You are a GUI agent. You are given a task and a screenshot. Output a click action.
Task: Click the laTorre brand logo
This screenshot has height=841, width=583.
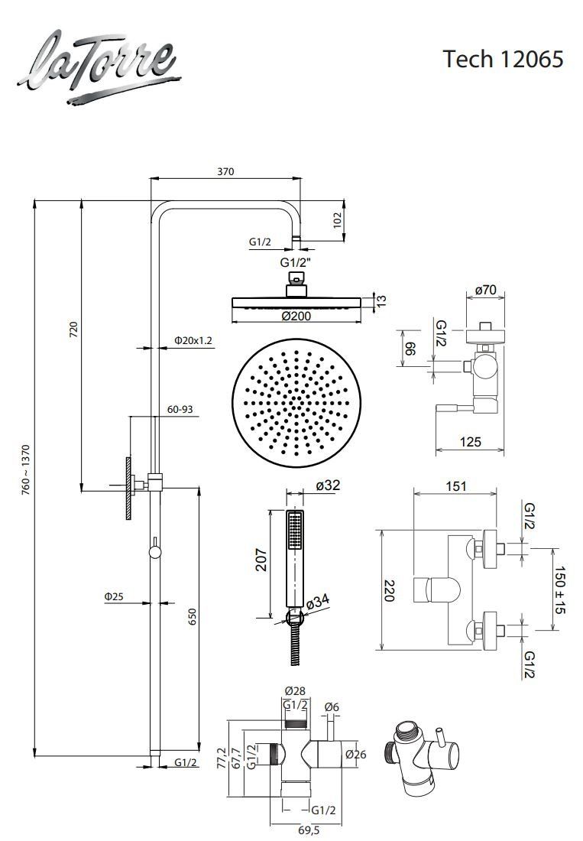pyautogui.click(x=99, y=67)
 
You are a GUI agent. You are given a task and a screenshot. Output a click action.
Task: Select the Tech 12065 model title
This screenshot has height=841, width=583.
pyautogui.click(x=504, y=58)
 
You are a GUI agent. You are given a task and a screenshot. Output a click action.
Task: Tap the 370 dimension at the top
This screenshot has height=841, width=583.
pyautogui.click(x=225, y=171)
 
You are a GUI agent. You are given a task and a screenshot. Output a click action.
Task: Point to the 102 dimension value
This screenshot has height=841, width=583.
pyautogui.click(x=337, y=220)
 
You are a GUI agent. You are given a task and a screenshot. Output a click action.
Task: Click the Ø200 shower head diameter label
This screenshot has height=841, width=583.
pyautogui.click(x=296, y=316)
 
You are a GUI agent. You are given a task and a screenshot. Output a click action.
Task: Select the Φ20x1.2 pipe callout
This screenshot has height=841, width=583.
pyautogui.click(x=193, y=340)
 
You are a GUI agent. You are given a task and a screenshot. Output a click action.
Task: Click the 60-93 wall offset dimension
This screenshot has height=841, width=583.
pyautogui.click(x=180, y=409)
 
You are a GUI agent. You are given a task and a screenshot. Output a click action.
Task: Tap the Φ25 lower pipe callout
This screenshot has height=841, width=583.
pyautogui.click(x=114, y=596)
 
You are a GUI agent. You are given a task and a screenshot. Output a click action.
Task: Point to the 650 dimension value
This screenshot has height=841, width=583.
pyautogui.click(x=193, y=616)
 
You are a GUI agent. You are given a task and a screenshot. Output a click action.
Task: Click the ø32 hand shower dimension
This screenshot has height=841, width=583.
pyautogui.click(x=328, y=485)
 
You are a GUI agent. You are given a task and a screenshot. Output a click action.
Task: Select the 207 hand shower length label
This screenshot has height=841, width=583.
pyautogui.click(x=261, y=560)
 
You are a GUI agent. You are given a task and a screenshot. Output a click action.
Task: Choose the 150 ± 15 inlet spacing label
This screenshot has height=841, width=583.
pyautogui.click(x=561, y=590)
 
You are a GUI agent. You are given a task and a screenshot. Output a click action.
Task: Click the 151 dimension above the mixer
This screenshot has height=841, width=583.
pyautogui.click(x=456, y=486)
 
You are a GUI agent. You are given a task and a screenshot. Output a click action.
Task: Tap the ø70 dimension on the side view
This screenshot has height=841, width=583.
pyautogui.click(x=486, y=291)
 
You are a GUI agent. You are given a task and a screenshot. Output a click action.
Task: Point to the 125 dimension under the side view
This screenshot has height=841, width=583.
pyautogui.click(x=471, y=441)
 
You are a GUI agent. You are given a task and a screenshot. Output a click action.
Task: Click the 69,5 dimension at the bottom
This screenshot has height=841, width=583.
pyautogui.click(x=309, y=830)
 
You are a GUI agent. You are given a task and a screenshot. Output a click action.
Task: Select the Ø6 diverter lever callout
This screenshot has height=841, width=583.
pyautogui.click(x=332, y=707)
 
